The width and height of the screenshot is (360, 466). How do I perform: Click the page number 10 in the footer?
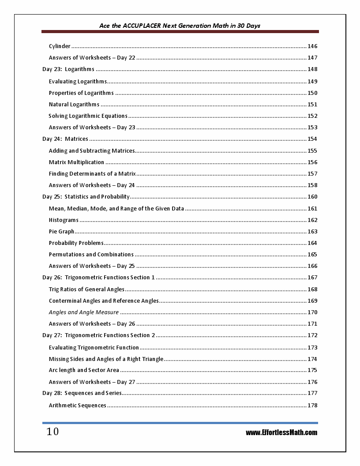52,432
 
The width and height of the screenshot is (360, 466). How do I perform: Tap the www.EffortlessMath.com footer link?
281,432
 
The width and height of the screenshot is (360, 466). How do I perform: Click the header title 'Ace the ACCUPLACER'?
180,26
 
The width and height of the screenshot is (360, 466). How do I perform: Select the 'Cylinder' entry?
60,46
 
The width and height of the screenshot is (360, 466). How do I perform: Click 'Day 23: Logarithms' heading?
68,69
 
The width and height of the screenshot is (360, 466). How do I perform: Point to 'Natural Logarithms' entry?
74,105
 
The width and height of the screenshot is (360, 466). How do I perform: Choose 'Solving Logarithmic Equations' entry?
88,116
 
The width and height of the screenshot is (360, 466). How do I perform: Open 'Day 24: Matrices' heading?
65,139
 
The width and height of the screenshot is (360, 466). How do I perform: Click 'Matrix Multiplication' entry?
76,162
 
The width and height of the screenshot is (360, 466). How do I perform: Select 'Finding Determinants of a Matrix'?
92,174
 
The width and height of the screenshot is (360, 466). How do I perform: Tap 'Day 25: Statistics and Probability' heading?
86,197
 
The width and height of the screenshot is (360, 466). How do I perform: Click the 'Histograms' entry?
64,220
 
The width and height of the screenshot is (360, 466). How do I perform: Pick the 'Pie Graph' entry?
62,232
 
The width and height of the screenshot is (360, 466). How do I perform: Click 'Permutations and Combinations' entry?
91,255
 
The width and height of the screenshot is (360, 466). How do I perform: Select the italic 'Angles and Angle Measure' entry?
84,312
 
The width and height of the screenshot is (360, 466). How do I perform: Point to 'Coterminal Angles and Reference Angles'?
104,301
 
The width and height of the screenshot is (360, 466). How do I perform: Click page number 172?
312,335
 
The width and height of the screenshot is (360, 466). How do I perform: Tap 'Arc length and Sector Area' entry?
84,370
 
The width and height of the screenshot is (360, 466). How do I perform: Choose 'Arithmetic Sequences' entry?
78,406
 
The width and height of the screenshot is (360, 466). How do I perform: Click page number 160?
312,197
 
